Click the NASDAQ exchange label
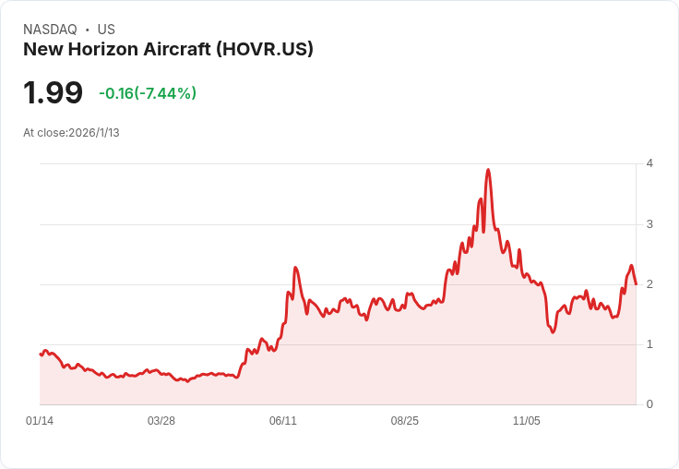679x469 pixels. [49, 30]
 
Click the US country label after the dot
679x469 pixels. [106, 30]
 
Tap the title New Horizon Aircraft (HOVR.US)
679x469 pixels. [168, 49]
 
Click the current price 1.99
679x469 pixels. [54, 92]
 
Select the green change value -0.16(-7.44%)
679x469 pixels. [148, 93]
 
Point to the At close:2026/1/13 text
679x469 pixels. [71, 132]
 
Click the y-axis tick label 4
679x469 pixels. [649, 163]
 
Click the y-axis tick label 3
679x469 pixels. [649, 224]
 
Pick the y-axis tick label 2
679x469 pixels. [649, 284]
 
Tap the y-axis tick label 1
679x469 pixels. [649, 344]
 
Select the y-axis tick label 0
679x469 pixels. [649, 404]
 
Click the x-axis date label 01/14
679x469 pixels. [40, 421]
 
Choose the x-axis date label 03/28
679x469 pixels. [161, 421]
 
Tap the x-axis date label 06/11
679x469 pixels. [283, 421]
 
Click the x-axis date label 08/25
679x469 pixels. [405, 421]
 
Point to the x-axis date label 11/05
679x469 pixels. [527, 421]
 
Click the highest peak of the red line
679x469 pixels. [488, 170]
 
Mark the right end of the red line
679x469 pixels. [636, 283]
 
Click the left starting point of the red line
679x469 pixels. [41, 354]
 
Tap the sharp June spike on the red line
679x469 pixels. [295, 268]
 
